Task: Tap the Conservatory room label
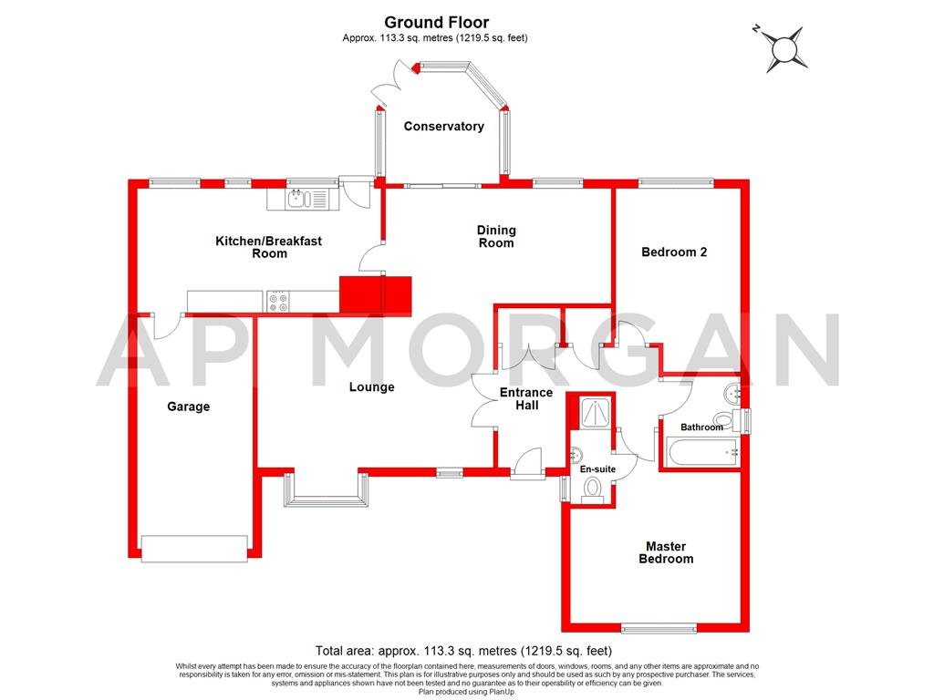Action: (x=444, y=127)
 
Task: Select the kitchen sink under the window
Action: (x=301, y=198)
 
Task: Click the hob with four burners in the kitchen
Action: (x=278, y=301)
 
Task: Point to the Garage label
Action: (x=188, y=407)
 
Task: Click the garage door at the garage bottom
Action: (x=194, y=547)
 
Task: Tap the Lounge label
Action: (x=372, y=387)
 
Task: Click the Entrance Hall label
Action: (x=526, y=399)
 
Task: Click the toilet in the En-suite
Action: (x=591, y=489)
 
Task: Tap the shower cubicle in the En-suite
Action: (x=591, y=413)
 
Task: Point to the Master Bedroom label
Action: (x=666, y=552)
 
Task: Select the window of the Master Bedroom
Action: (x=658, y=628)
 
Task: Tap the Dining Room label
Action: (x=496, y=236)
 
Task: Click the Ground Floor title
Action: (x=436, y=22)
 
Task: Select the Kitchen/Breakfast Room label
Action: (x=268, y=247)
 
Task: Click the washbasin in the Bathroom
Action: (x=732, y=394)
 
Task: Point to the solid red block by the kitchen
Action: (x=375, y=294)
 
